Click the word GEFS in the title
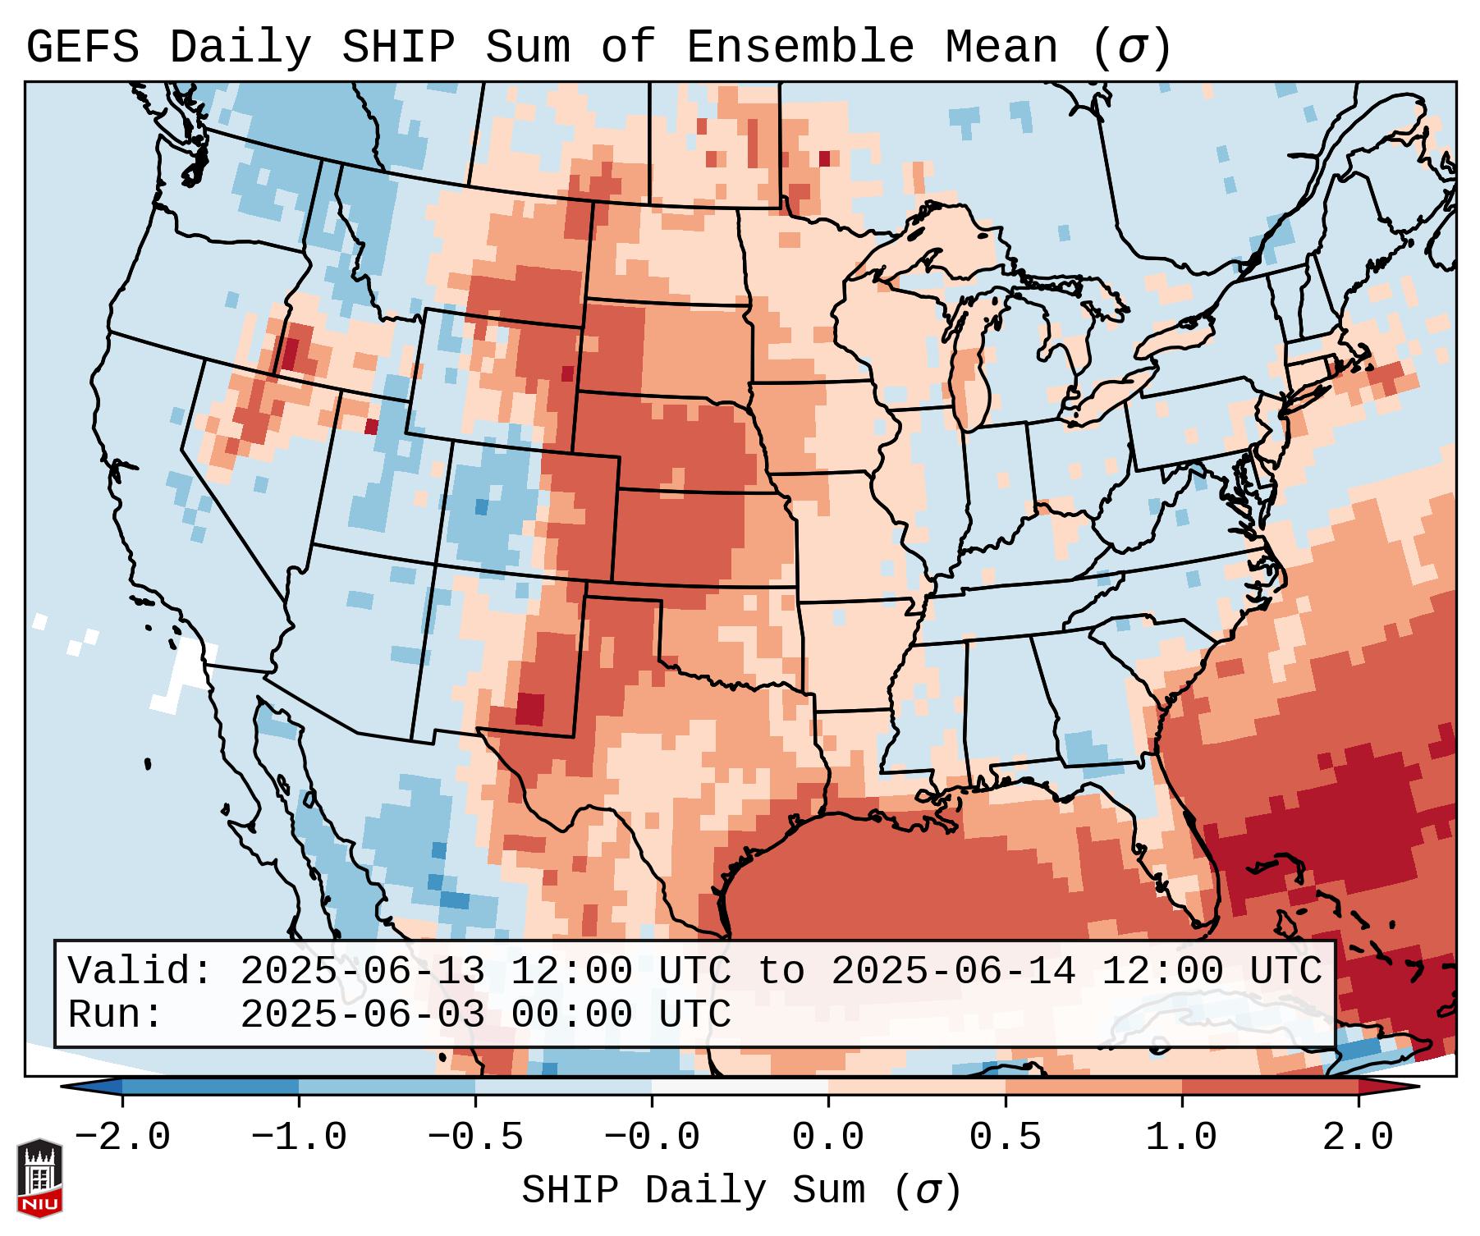point(83,47)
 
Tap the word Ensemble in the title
point(800,47)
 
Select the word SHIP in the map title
point(397,47)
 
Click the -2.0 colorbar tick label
point(122,1138)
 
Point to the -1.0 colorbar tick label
point(299,1138)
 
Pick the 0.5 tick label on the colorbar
point(1005,1138)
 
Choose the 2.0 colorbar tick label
point(1358,1138)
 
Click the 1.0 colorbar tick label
point(1181,1138)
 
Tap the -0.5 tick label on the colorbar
point(475,1138)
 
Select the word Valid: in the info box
point(140,971)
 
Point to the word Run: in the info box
point(116,1014)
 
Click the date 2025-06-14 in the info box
point(953,971)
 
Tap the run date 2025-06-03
point(362,1014)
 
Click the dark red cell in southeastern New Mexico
point(530,708)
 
